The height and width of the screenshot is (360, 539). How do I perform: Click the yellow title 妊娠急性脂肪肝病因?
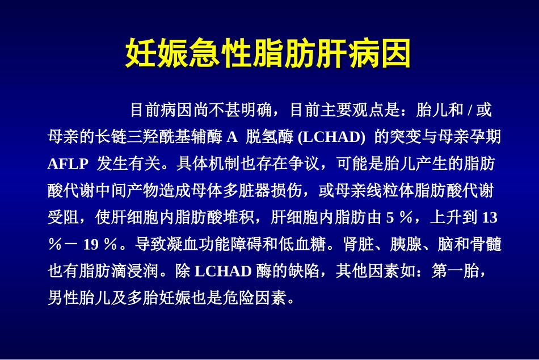269,54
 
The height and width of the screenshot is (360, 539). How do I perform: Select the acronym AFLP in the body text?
68,165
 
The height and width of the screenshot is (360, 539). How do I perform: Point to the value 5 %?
397,217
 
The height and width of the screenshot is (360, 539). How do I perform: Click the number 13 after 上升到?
489,217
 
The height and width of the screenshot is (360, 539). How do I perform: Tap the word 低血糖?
307,245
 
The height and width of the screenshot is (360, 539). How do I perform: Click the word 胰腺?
405,245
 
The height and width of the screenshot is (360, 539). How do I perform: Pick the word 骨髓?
487,245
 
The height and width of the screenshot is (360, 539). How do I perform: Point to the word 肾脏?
358,245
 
